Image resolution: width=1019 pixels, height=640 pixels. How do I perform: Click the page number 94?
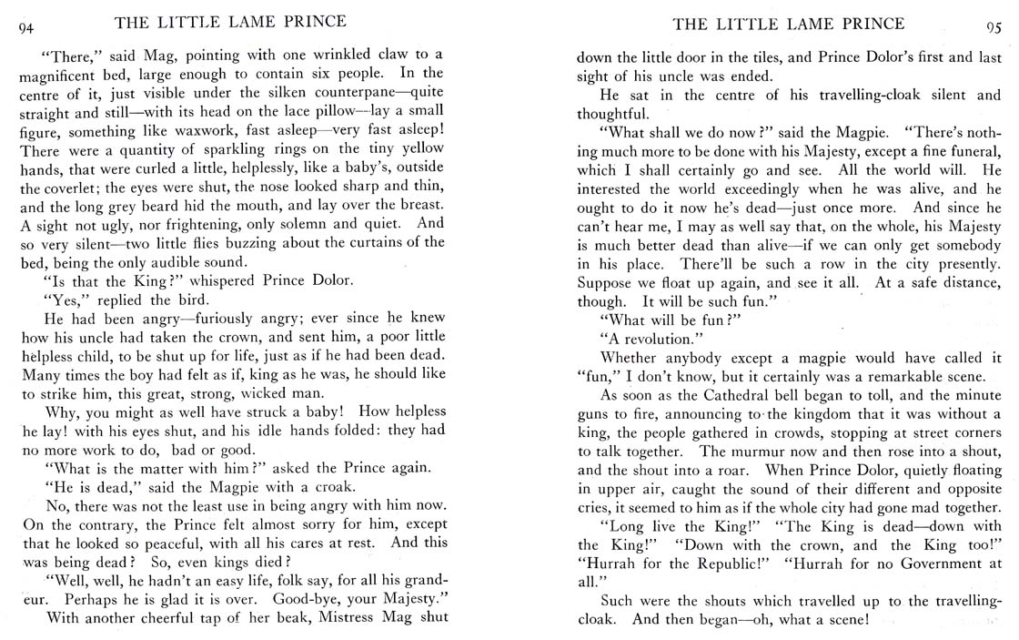[25, 27]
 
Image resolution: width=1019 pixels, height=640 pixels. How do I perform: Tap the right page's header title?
[788, 23]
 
